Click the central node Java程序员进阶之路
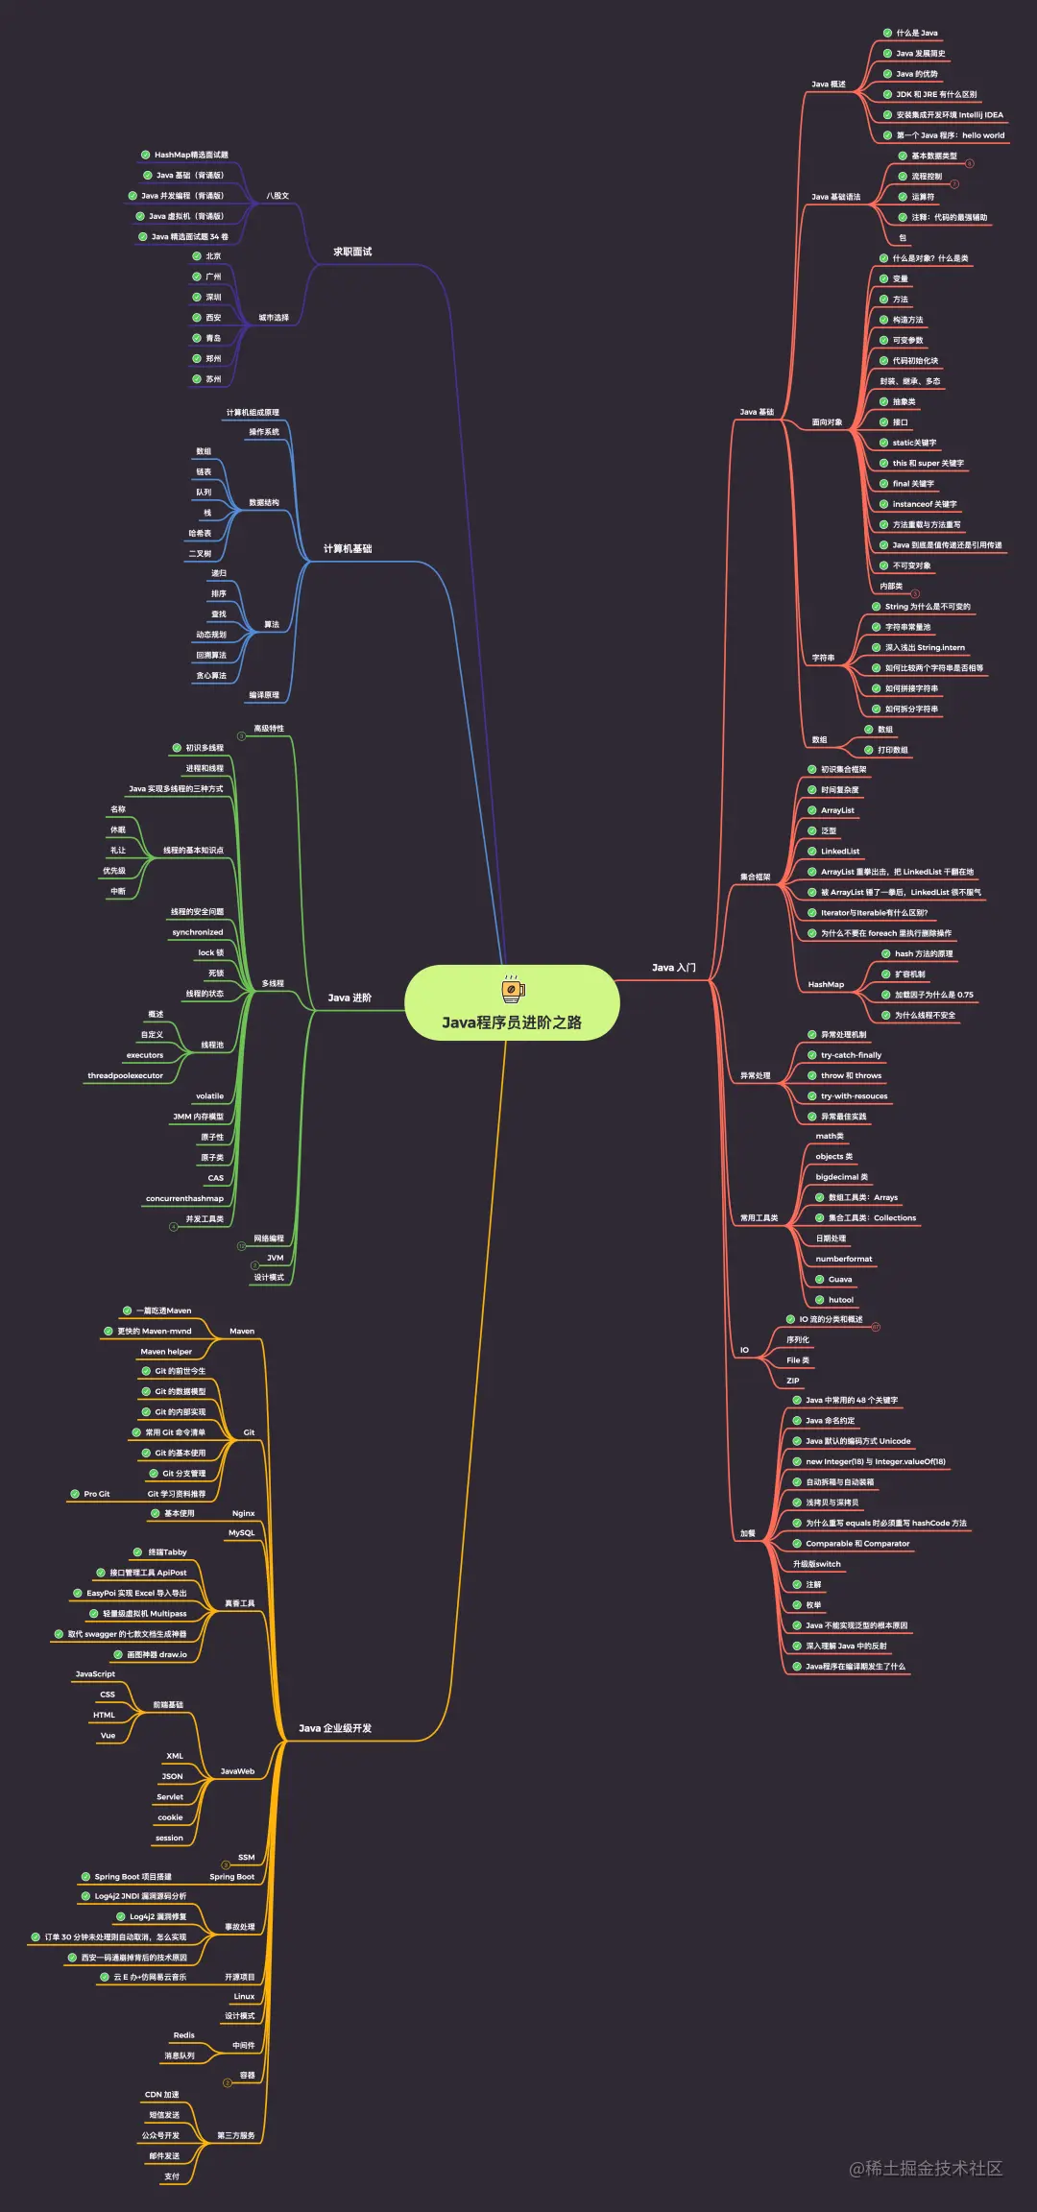[x=512, y=1022]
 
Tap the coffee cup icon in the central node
[x=513, y=988]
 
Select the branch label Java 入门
[x=673, y=967]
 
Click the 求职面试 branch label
[x=352, y=252]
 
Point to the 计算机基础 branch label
[x=348, y=548]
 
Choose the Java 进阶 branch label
[x=350, y=998]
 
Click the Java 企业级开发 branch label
[x=335, y=1728]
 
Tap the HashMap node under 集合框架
[x=826, y=984]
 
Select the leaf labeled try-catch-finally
[x=851, y=1055]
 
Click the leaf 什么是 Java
[x=917, y=33]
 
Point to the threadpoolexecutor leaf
[x=125, y=1075]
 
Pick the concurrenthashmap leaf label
[x=184, y=1198]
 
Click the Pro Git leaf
[x=96, y=1494]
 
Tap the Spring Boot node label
[x=232, y=1877]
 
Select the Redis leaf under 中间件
[x=183, y=2035]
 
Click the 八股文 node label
[x=277, y=196]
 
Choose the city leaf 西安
[x=213, y=318]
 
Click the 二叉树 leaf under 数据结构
[x=200, y=554]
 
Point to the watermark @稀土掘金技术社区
[x=926, y=2168]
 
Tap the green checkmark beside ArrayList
[x=812, y=810]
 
